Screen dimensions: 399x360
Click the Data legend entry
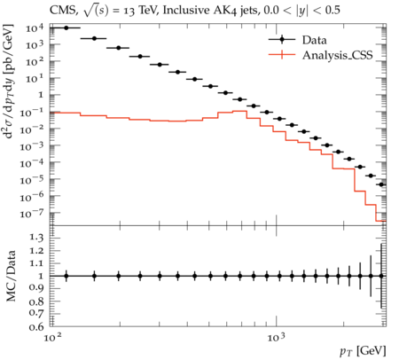[x=298, y=40]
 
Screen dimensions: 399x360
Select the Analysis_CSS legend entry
[x=321, y=55]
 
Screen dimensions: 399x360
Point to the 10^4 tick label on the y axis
[x=35, y=28]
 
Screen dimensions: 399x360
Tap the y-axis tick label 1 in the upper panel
[x=41, y=95]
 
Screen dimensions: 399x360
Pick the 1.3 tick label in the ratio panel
[x=36, y=238]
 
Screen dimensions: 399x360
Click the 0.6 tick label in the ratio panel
[x=36, y=327]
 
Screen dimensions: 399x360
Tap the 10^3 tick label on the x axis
[x=277, y=337]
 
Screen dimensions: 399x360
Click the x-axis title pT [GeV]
[x=363, y=351]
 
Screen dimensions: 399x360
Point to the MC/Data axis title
[x=11, y=276]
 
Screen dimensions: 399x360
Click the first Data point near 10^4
[x=66, y=27]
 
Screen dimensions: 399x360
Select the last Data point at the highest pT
[x=381, y=184]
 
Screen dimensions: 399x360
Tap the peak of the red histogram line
[x=239, y=111]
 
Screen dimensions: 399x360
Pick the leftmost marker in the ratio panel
[x=66, y=276]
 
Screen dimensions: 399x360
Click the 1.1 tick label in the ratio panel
[x=36, y=263]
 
